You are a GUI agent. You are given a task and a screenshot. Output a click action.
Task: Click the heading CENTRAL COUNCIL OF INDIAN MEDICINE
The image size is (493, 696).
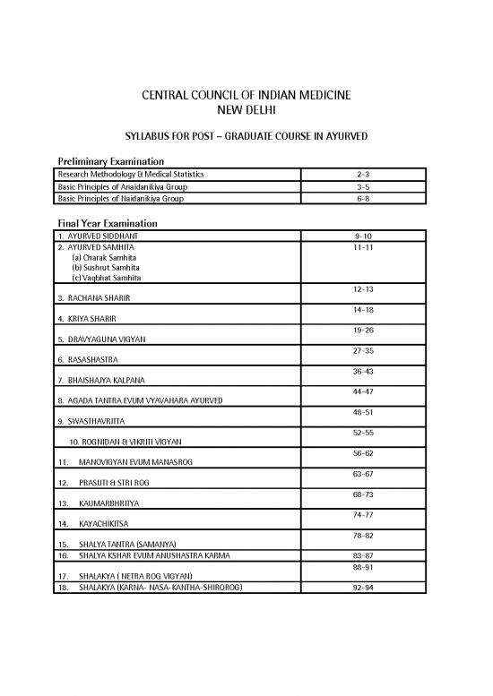point(246,95)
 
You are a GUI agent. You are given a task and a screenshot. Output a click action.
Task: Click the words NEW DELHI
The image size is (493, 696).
point(246,110)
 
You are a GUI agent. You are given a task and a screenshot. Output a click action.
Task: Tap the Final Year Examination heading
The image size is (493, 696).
point(108,223)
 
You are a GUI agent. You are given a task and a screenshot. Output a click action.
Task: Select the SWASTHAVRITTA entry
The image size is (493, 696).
point(91,420)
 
